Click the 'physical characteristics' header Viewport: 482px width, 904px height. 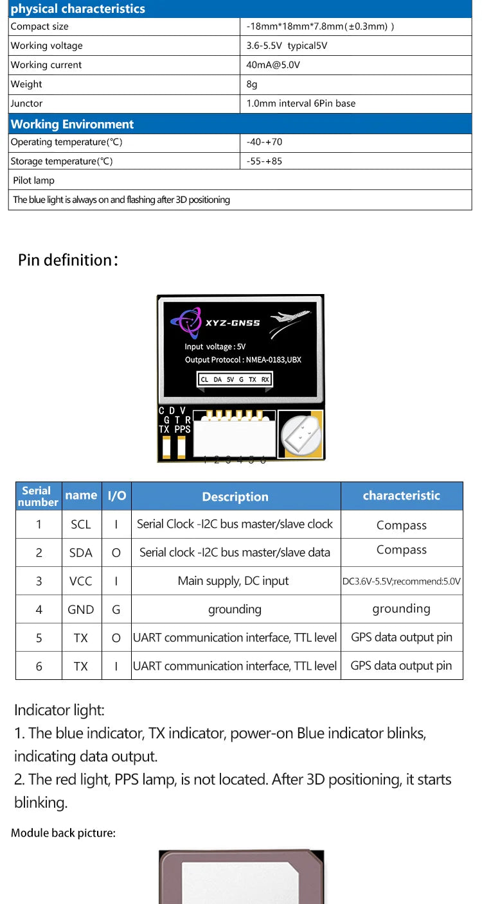click(x=78, y=9)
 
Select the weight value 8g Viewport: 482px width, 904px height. click(x=252, y=84)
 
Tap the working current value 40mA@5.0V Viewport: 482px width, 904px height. click(x=273, y=65)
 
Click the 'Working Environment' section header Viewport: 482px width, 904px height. click(x=72, y=124)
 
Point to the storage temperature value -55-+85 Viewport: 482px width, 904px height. click(x=264, y=161)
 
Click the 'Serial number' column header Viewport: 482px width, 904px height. click(x=38, y=496)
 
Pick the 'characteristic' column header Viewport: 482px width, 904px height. click(x=401, y=496)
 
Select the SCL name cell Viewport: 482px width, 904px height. click(x=81, y=525)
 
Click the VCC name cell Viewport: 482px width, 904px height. click(x=81, y=581)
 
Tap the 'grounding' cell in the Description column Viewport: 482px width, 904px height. click(x=235, y=609)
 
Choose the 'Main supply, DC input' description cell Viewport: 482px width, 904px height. click(x=235, y=581)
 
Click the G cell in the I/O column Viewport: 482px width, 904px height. click(x=116, y=609)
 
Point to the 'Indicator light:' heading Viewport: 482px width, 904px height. click(x=59, y=710)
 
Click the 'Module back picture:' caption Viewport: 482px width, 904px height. click(x=63, y=833)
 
